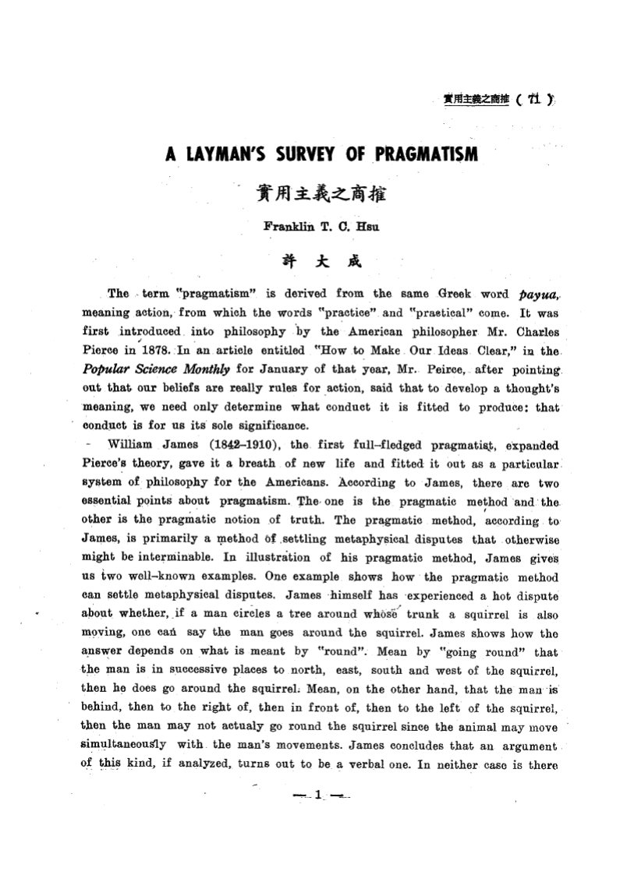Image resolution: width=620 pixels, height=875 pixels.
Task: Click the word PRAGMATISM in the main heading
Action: point(422,155)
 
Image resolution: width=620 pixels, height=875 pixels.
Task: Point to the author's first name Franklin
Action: point(289,228)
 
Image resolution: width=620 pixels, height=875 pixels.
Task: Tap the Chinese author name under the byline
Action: point(310,263)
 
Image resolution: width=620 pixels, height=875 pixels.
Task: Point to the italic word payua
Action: point(535,295)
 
